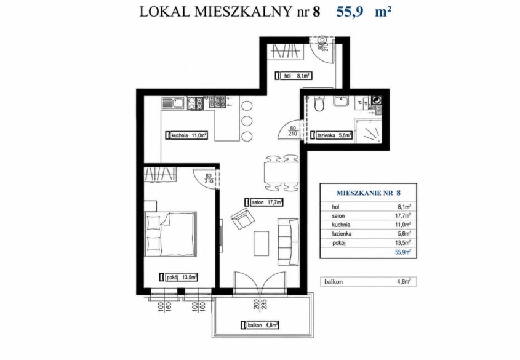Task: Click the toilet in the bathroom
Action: (319, 103)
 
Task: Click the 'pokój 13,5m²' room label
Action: (178, 277)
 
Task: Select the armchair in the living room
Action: (242, 219)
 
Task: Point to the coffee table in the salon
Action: (262, 243)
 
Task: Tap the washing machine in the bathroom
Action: (377, 100)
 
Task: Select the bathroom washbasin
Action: (341, 101)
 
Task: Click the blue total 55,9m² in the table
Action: (403, 252)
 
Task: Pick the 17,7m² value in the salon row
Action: (404, 216)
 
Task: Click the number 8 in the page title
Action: (316, 12)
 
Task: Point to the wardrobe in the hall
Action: (286, 51)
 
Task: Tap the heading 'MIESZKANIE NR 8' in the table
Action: (369, 193)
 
